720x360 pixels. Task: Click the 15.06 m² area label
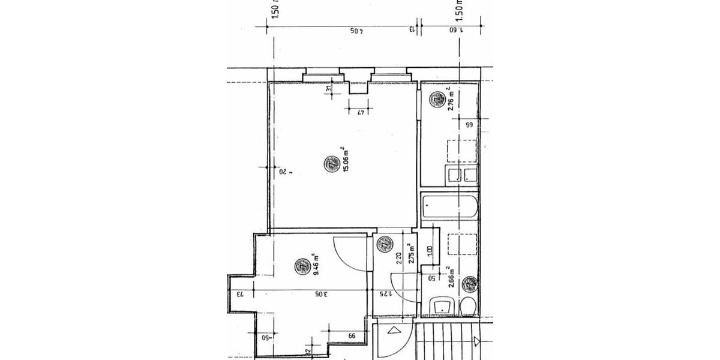345,160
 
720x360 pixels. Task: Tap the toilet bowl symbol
468,307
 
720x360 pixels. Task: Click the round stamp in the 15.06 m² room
331,163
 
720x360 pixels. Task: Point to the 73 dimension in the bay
239,294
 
